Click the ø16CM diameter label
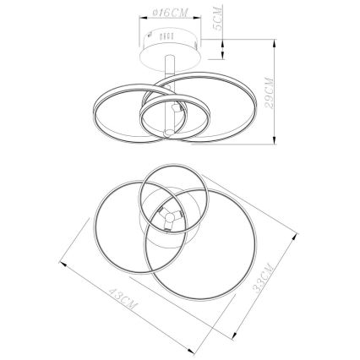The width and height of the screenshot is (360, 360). [x=170, y=13]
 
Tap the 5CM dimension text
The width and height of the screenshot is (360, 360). [x=218, y=19]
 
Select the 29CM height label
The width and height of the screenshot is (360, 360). [x=270, y=93]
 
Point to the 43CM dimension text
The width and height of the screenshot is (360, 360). [x=123, y=298]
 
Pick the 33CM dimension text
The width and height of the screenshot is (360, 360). [x=263, y=278]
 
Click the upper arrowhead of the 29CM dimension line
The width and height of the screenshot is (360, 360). [x=275, y=44]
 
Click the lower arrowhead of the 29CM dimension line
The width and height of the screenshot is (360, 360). [x=275, y=140]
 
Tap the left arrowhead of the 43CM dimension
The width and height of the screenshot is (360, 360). [x=63, y=265]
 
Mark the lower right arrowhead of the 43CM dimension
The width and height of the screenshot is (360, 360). [x=191, y=351]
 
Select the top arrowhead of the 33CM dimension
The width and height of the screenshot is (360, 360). [x=294, y=236]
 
